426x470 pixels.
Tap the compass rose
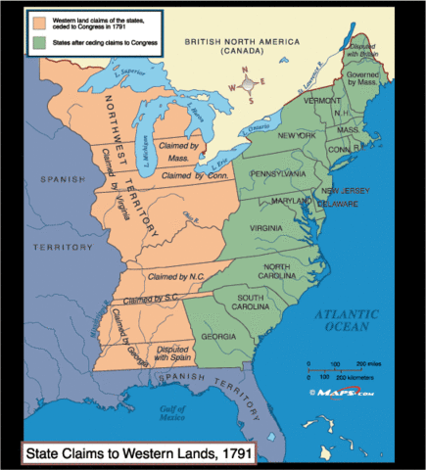(250, 86)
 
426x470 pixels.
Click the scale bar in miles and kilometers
(339, 371)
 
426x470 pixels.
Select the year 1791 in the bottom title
(232, 452)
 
